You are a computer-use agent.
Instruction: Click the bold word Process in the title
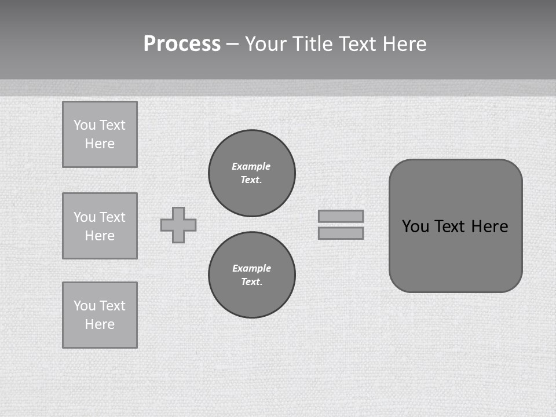[182, 44]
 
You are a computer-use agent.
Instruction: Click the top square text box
[100, 134]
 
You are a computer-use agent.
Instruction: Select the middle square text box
[100, 226]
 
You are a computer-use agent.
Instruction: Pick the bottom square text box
[100, 315]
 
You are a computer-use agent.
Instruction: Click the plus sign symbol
[178, 225]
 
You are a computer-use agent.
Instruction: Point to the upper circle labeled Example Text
[252, 173]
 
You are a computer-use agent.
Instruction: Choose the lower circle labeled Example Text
[252, 275]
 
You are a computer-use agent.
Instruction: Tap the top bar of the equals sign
[341, 216]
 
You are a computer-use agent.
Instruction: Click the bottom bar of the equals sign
[341, 233]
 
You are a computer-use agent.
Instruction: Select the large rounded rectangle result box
[456, 255]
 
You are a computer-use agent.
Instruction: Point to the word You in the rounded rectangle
[415, 226]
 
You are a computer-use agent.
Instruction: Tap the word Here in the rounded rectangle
[489, 226]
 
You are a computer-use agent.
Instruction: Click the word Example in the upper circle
[251, 166]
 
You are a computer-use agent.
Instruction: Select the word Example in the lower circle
[251, 268]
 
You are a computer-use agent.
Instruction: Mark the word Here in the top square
[100, 144]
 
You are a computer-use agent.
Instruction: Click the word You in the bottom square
[84, 306]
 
